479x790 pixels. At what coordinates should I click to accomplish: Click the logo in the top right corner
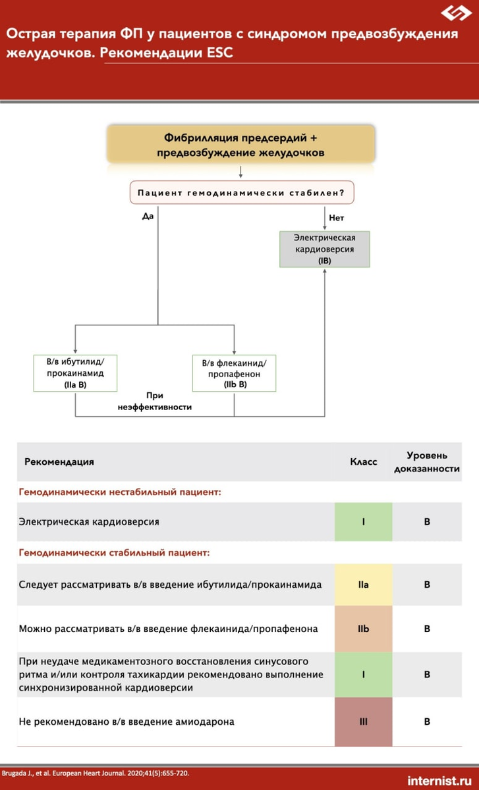[x=456, y=13]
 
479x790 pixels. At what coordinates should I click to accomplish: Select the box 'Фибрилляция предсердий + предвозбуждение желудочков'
[x=240, y=145]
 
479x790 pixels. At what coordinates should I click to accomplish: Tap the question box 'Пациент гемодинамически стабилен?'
[x=241, y=193]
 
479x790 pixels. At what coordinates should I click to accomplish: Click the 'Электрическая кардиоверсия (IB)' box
[x=324, y=249]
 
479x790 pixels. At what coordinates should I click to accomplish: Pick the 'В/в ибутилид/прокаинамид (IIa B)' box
[x=75, y=373]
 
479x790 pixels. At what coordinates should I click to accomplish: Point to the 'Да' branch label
[x=147, y=215]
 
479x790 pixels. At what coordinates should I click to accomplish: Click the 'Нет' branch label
[x=336, y=217]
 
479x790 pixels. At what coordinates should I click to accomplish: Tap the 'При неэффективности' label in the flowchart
[x=155, y=402]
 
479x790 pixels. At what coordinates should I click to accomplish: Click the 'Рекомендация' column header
[x=59, y=461]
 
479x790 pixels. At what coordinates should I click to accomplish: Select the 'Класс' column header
[x=363, y=461]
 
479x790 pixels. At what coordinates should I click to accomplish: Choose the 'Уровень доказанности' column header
[x=427, y=461]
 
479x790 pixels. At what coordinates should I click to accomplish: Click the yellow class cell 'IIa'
[x=363, y=585]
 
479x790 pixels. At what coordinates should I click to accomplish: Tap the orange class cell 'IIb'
[x=363, y=629]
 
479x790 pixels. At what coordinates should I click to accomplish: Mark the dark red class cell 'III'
[x=363, y=722]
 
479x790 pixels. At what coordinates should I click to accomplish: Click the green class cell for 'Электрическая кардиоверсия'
[x=363, y=522]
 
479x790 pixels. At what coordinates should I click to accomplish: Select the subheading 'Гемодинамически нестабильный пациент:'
[x=119, y=492]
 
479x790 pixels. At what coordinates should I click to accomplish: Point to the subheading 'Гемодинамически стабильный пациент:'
[x=114, y=552]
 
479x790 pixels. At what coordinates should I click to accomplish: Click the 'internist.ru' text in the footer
[x=440, y=780]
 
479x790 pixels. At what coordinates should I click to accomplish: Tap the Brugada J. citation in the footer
[x=95, y=773]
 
